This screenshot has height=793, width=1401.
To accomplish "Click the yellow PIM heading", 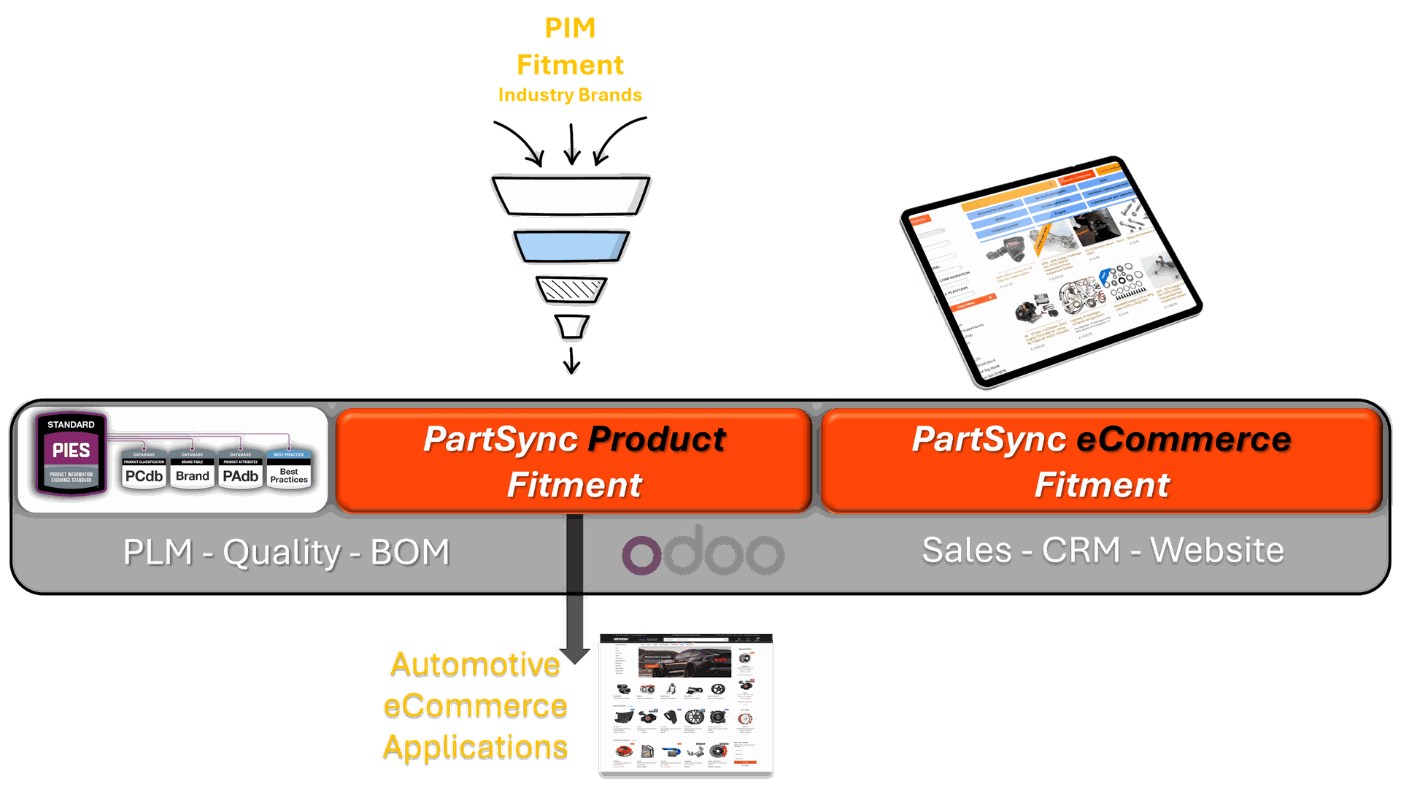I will click(x=570, y=28).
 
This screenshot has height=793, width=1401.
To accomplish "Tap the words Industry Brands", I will click(x=570, y=95).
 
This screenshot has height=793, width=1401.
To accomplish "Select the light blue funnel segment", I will click(x=571, y=246).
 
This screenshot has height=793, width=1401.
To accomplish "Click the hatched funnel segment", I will click(x=571, y=290).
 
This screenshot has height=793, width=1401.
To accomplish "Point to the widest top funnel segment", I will click(x=571, y=196).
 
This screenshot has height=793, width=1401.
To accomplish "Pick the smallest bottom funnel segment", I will click(x=572, y=326).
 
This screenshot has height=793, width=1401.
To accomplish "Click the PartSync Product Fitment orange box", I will click(x=574, y=461).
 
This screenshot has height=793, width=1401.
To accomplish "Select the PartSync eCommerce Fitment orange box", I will click(x=1101, y=461).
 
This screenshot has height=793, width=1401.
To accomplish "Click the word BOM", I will click(x=409, y=552).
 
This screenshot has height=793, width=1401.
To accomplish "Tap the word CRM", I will click(x=1081, y=550).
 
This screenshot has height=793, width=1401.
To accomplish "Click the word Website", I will click(x=1216, y=550).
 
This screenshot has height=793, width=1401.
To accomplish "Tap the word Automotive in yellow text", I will click(x=475, y=664).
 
